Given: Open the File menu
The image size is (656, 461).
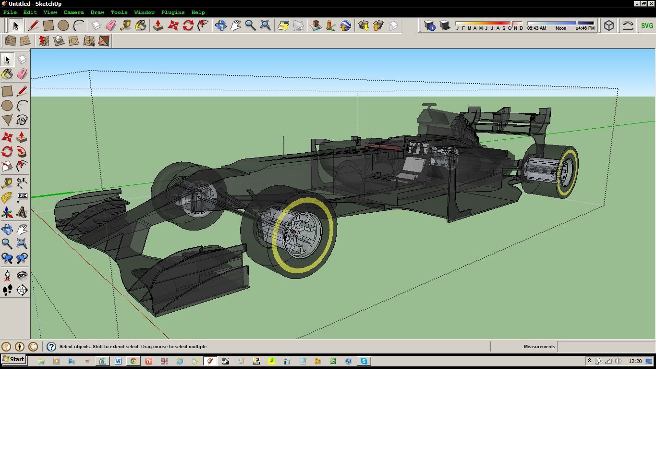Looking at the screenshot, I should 10,12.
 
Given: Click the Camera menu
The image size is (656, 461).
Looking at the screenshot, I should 73,12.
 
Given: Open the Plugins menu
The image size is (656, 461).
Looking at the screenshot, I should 173,12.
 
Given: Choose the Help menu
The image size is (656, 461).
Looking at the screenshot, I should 198,12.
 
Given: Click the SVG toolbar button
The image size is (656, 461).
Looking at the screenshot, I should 647,26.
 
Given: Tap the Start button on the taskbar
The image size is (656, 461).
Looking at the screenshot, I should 13,360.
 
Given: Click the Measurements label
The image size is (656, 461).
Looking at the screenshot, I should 539,347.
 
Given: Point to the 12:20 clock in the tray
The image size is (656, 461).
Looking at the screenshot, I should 635,361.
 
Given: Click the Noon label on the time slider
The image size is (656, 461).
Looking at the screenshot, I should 560,28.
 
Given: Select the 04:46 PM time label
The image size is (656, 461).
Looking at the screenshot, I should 585,28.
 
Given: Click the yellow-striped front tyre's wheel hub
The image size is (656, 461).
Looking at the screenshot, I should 293,231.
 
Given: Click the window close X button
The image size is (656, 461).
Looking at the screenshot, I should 651,3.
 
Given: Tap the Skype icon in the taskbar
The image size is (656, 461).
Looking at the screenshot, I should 364,361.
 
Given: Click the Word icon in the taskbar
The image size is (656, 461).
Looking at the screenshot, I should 118,361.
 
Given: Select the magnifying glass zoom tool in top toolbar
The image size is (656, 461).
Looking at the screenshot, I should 250,25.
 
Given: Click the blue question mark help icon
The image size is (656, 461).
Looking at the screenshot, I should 51,347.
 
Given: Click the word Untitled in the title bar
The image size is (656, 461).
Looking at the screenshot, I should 19,4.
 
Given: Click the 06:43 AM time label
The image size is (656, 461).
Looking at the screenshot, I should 536,28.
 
